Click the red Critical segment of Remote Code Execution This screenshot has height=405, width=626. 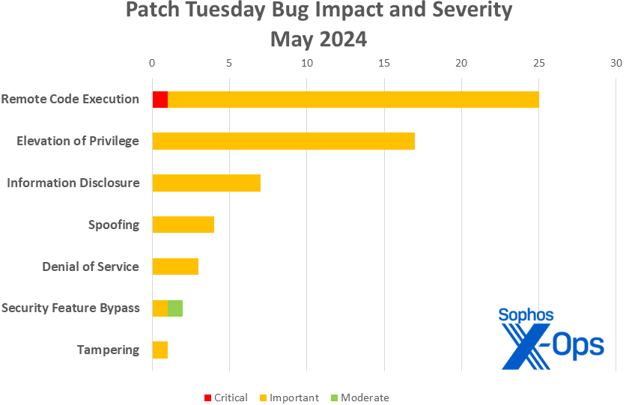pos(159,100)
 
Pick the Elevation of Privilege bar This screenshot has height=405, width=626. pos(283,141)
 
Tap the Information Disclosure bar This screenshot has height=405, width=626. pos(206,183)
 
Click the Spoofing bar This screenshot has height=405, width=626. pos(183,225)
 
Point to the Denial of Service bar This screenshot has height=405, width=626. pos(175,267)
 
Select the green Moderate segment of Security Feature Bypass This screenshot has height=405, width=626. pos(175,308)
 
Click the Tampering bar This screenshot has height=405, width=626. pos(159,350)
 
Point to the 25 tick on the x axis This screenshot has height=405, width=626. pos(538,64)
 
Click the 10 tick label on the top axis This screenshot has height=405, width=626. pos(306,64)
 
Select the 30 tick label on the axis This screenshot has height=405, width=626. pos(616,64)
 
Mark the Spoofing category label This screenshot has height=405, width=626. pos(114,225)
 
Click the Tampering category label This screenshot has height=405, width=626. pos(108,350)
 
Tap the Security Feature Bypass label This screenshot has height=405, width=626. pos(70,308)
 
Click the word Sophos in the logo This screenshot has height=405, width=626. pos(526,315)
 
